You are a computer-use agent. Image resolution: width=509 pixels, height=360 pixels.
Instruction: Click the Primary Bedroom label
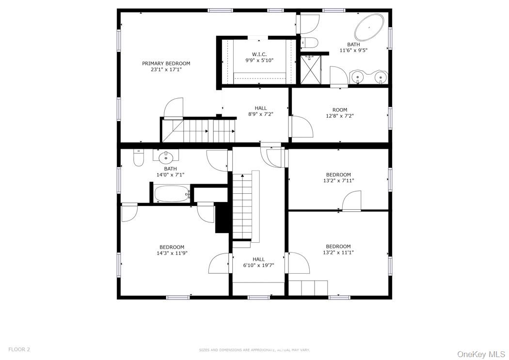pos(166,66)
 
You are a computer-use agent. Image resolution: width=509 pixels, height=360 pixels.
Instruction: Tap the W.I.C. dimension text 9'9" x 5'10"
pos(259,61)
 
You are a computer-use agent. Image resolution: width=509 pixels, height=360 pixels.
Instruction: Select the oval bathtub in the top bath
pos(369,27)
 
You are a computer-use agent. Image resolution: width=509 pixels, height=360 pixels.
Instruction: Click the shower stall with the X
pos(310,70)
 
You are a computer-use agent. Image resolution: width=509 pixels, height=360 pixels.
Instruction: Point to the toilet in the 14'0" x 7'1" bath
pos(139,157)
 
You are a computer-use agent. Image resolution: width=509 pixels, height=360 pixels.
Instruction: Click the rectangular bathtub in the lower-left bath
pos(172,194)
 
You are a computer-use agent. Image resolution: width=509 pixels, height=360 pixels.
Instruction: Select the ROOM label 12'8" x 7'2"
pos(339,112)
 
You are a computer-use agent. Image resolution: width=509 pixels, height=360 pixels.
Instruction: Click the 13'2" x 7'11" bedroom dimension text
pos(338,181)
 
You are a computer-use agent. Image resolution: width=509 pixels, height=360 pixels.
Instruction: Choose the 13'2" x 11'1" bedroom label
pos(338,249)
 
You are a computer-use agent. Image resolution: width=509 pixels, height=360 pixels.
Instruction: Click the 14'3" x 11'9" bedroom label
pos(172,250)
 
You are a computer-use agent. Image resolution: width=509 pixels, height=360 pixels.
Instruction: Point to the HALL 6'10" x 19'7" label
pos(259,262)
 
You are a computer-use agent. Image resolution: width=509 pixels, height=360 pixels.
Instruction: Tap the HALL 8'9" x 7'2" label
pos(261,111)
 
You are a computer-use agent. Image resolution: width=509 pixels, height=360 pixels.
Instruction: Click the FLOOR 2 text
pos(19,349)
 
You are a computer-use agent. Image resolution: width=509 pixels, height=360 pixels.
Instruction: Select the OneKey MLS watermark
pos(481,354)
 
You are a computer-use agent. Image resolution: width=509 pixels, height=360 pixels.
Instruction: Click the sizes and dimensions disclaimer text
pos(254,350)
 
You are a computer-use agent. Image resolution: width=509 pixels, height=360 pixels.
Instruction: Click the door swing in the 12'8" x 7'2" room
pos(302,127)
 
